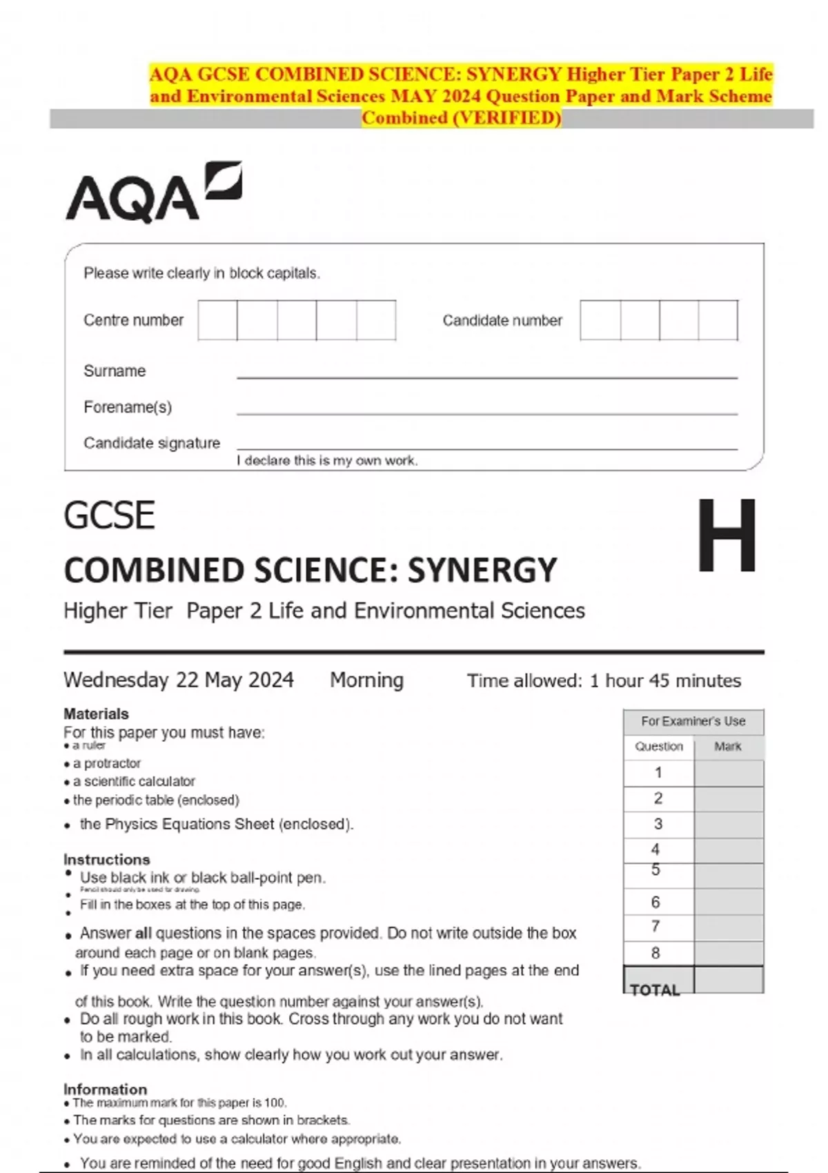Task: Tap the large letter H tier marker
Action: (x=727, y=536)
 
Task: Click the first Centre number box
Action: (x=217, y=320)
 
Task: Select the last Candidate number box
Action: (x=718, y=320)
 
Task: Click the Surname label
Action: (x=115, y=371)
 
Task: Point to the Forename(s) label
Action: (x=128, y=407)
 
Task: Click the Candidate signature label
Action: (x=152, y=443)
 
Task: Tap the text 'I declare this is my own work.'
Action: (x=327, y=460)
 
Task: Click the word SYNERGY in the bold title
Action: (x=482, y=571)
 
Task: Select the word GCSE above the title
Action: (x=109, y=516)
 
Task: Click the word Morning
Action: (x=366, y=680)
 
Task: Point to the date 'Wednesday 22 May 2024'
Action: (x=179, y=680)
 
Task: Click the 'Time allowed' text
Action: (x=604, y=681)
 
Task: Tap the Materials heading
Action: (x=96, y=713)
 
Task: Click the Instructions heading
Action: (x=106, y=860)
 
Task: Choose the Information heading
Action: (x=105, y=1089)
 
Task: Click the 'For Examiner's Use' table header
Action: (x=693, y=721)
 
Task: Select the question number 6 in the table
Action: (x=655, y=902)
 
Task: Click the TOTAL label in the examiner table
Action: (x=655, y=990)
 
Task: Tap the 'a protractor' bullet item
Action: (x=107, y=763)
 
